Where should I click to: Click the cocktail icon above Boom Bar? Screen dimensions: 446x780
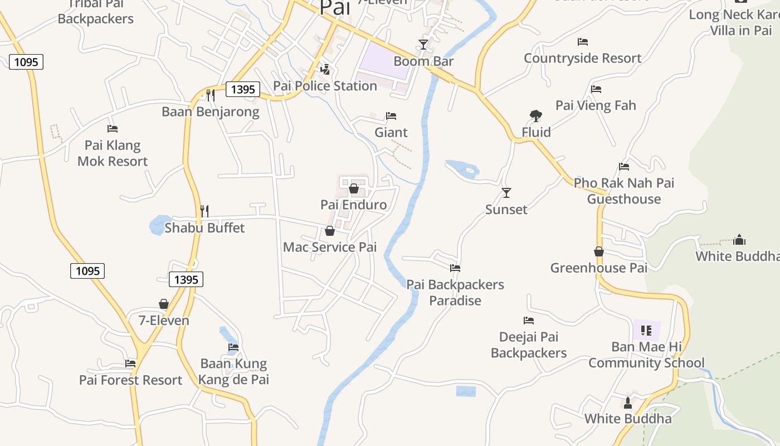pyautogui.click(x=423, y=44)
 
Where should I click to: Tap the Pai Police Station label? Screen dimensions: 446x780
pyautogui.click(x=325, y=86)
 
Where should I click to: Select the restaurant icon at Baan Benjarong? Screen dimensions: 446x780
pyautogui.click(x=210, y=95)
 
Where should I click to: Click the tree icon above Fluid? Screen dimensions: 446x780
pyautogui.click(x=535, y=116)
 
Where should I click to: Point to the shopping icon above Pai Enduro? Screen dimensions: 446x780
pyautogui.click(x=353, y=188)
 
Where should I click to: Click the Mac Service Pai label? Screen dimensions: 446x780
pyautogui.click(x=330, y=247)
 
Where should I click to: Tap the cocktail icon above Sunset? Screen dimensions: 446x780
pyautogui.click(x=506, y=193)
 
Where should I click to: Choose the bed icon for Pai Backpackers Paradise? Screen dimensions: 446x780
pyautogui.click(x=455, y=268)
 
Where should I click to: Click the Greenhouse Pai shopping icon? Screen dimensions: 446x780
pyautogui.click(x=599, y=252)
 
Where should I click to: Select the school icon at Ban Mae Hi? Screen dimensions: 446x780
pyautogui.click(x=646, y=331)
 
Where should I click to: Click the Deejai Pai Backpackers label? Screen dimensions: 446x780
pyautogui.click(x=528, y=345)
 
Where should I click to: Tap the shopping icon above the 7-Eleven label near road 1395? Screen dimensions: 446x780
pyautogui.click(x=164, y=304)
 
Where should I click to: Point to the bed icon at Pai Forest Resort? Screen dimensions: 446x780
pyautogui.click(x=130, y=363)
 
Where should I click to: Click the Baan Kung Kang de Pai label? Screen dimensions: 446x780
pyautogui.click(x=234, y=372)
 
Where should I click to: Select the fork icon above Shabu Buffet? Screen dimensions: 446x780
pyautogui.click(x=204, y=211)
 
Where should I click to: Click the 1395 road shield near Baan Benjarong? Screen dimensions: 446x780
pyautogui.click(x=243, y=89)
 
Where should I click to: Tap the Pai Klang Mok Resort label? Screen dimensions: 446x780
pyautogui.click(x=113, y=153)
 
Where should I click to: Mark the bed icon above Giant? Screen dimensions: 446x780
pyautogui.click(x=391, y=116)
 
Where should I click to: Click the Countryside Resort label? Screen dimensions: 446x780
pyautogui.click(x=582, y=58)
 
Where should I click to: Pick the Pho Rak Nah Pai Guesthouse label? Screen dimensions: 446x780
pyautogui.click(x=623, y=191)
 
